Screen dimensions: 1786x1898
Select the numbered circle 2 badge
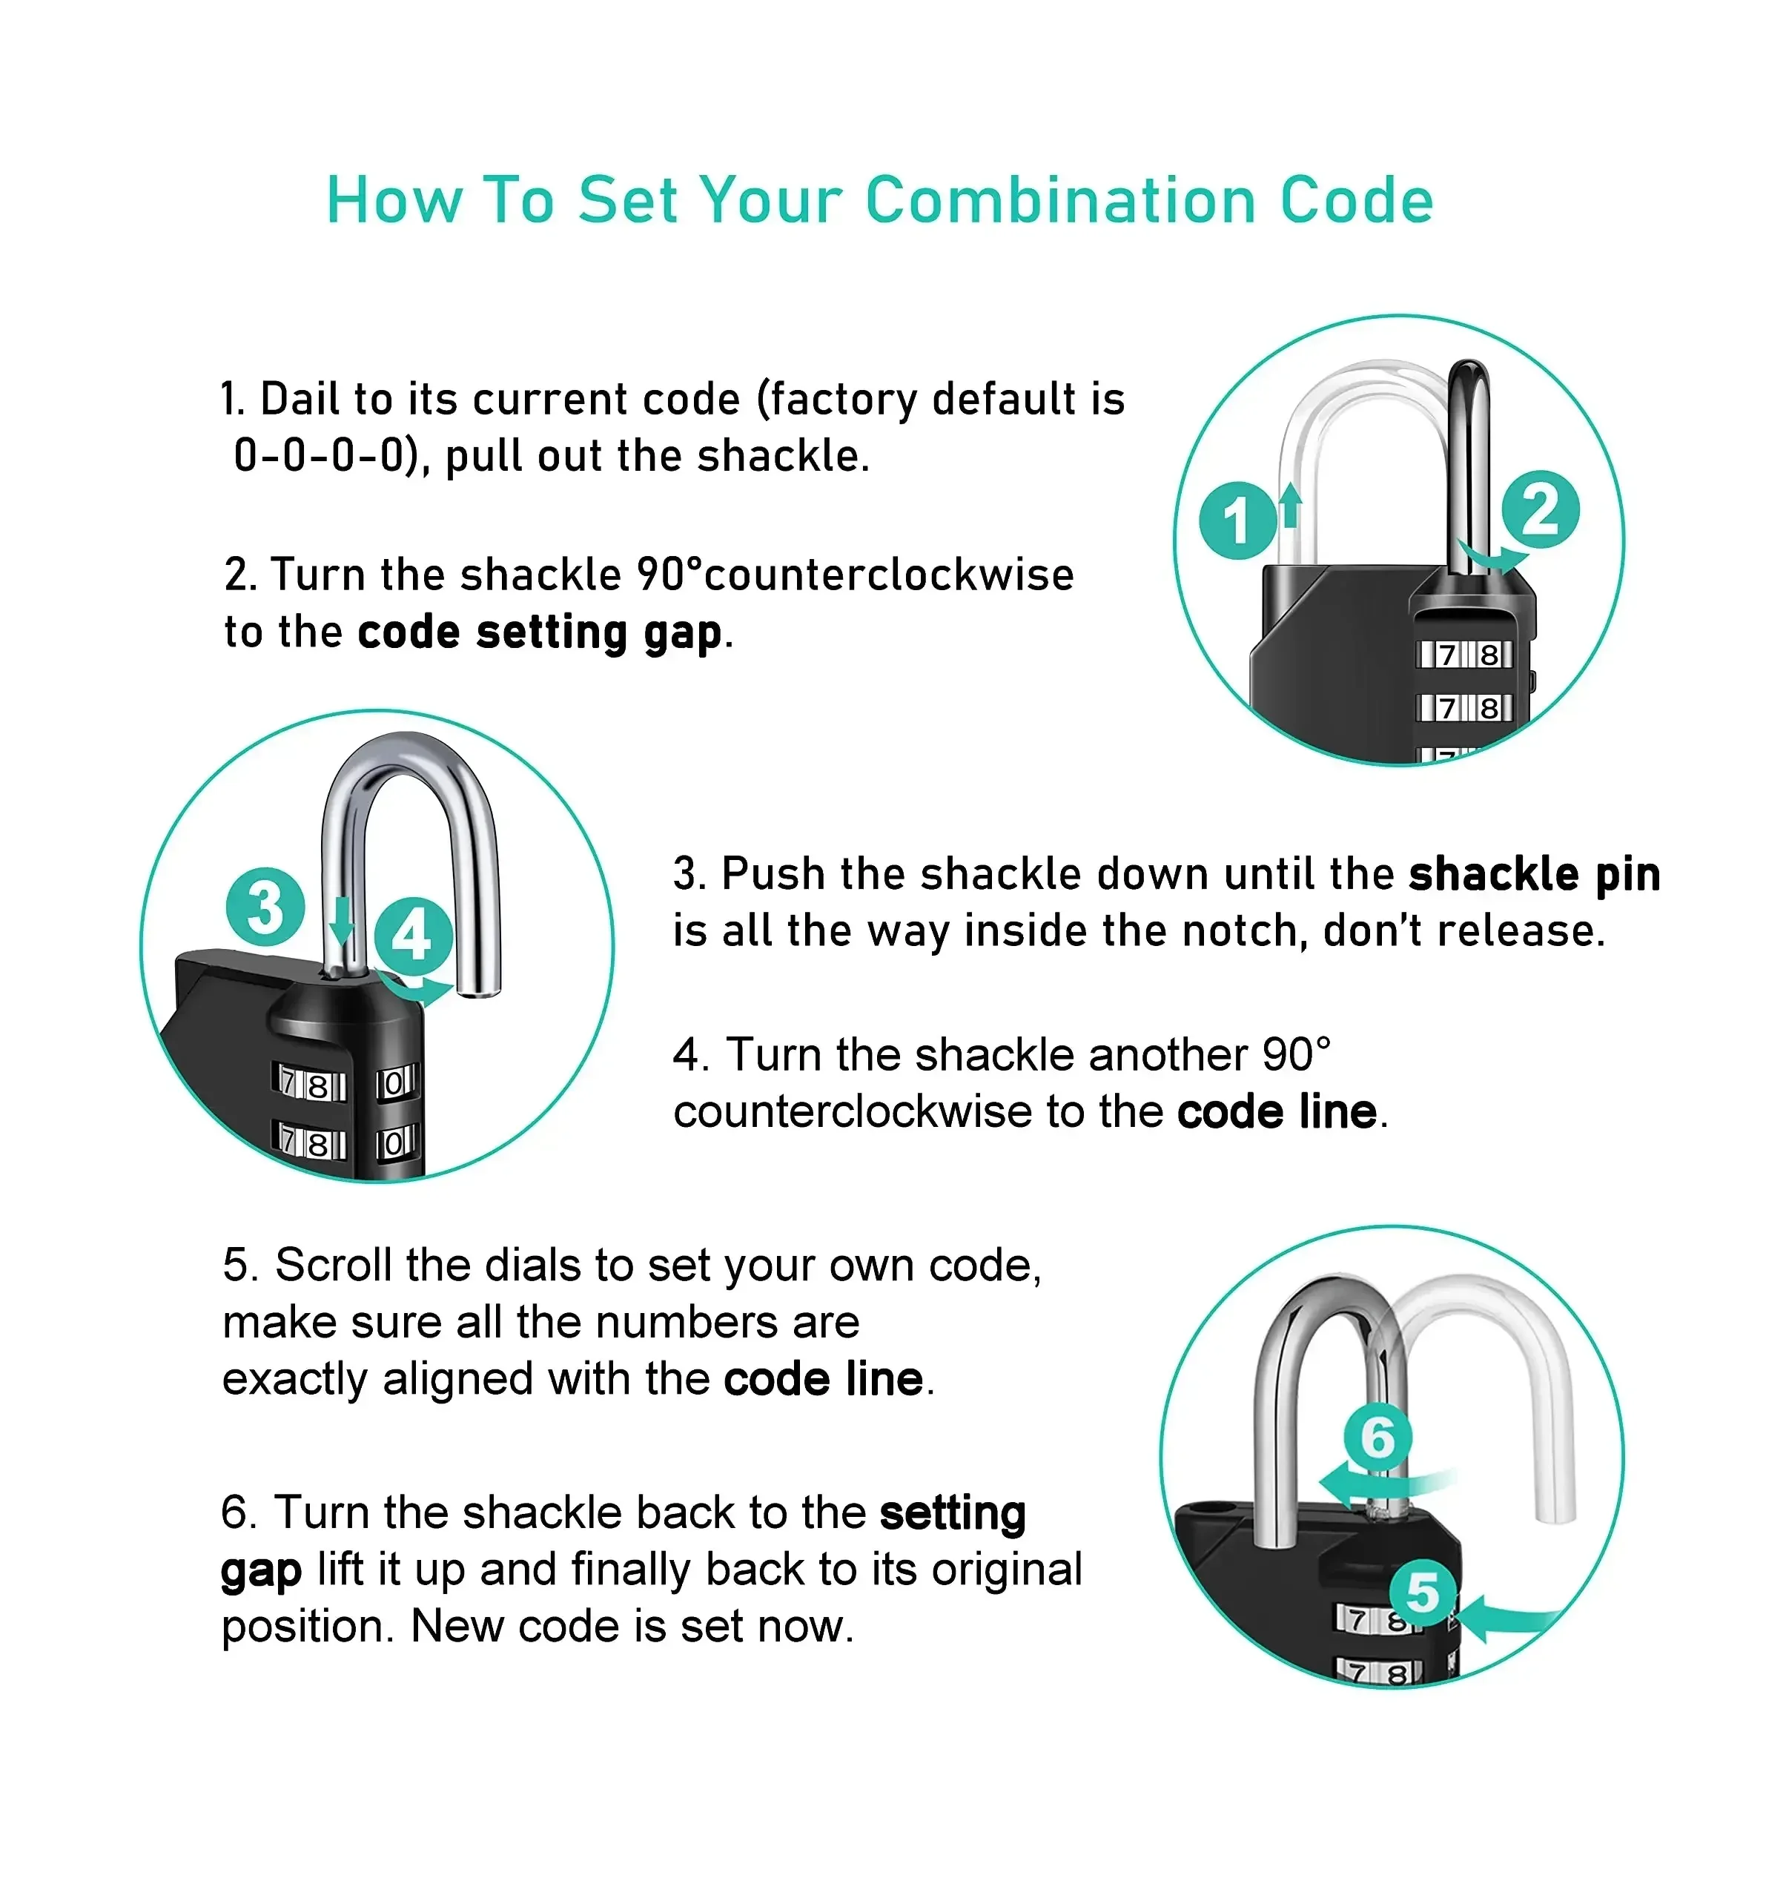tap(1541, 509)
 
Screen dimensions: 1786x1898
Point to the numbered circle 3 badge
tap(265, 906)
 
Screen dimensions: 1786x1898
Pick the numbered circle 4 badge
tap(414, 936)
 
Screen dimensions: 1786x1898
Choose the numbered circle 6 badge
tap(1377, 1437)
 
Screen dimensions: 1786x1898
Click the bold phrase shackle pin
tap(1535, 875)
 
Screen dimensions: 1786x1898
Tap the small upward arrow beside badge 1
tap(1291, 505)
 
